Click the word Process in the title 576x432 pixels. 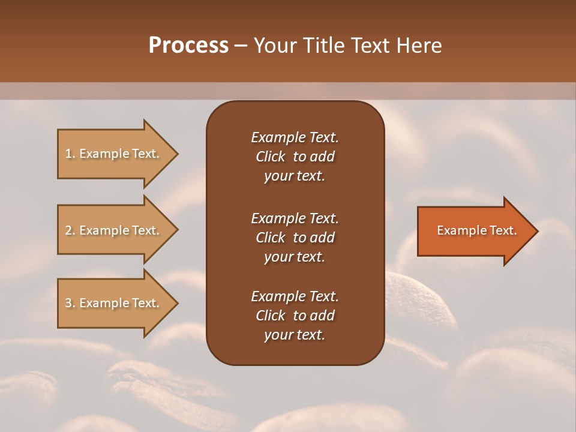[188, 46]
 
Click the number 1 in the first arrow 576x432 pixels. [68, 154]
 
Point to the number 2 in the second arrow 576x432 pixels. [68, 230]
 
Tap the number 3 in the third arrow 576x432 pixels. [68, 303]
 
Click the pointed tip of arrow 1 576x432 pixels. [176, 154]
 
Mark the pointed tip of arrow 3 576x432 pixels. [176, 303]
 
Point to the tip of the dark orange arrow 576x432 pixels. [536, 231]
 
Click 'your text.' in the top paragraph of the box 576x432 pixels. [294, 176]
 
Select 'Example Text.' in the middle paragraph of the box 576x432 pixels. [295, 218]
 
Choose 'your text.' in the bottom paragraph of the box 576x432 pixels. [294, 335]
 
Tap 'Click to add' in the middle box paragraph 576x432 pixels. [295, 238]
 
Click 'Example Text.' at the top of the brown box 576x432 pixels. [295, 137]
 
